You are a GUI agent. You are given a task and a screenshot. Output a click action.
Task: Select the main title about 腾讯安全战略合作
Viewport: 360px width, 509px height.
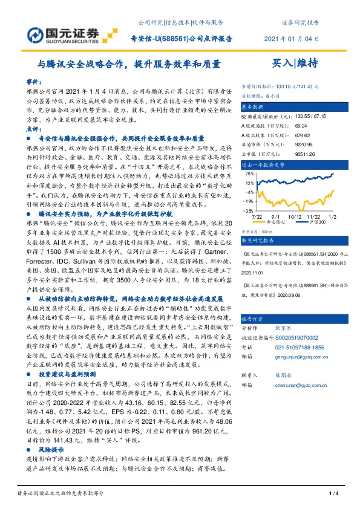pos(126,63)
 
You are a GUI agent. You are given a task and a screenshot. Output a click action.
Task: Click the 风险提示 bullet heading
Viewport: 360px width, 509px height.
pos(51,450)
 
